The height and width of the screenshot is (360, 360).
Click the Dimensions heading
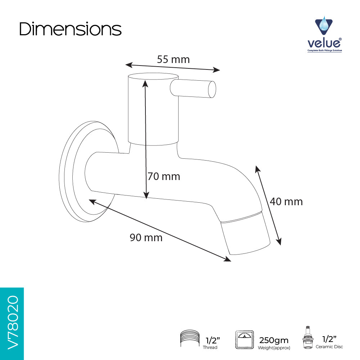(x=70, y=29)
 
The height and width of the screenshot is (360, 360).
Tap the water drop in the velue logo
(x=324, y=24)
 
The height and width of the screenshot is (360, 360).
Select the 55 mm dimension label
(x=174, y=59)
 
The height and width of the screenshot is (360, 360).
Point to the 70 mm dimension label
(x=164, y=176)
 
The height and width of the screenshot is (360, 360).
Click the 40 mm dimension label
(x=286, y=202)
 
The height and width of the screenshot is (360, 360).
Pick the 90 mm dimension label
(x=146, y=238)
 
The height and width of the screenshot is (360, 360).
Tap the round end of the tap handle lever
(x=212, y=89)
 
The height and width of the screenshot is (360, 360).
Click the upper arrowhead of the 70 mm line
(x=145, y=84)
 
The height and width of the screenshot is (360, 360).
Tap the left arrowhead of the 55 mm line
(x=129, y=65)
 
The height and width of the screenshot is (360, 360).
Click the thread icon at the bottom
(x=190, y=338)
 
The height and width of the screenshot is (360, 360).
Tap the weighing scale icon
(x=244, y=339)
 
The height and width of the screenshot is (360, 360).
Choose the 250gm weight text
(x=274, y=340)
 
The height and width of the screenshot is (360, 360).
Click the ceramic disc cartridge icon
(x=308, y=337)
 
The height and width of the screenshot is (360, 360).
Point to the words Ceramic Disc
(x=329, y=347)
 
